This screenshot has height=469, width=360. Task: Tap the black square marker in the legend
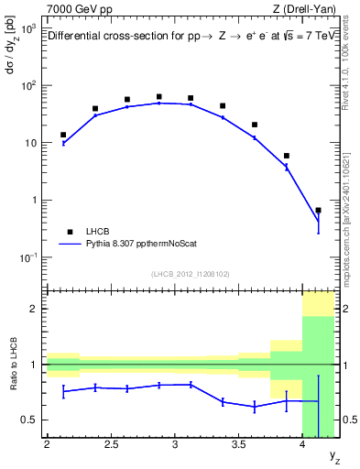(x=68, y=232)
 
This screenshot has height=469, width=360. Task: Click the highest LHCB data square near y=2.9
(x=158, y=96)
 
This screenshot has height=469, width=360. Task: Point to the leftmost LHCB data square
(x=63, y=135)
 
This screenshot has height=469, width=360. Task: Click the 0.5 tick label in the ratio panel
(x=29, y=420)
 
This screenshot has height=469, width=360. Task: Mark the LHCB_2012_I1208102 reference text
(x=191, y=274)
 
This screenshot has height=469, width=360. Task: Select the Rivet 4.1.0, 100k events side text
(x=352, y=66)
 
